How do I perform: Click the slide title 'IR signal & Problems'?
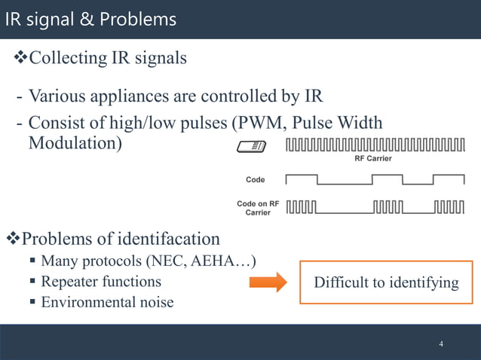coord(90,19)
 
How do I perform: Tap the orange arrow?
coord(268,282)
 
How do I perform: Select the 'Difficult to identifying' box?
coord(386,282)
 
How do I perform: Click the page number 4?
coord(441,344)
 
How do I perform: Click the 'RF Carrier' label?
coord(373,159)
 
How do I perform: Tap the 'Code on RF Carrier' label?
coord(257,209)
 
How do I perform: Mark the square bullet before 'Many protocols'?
coord(33,261)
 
